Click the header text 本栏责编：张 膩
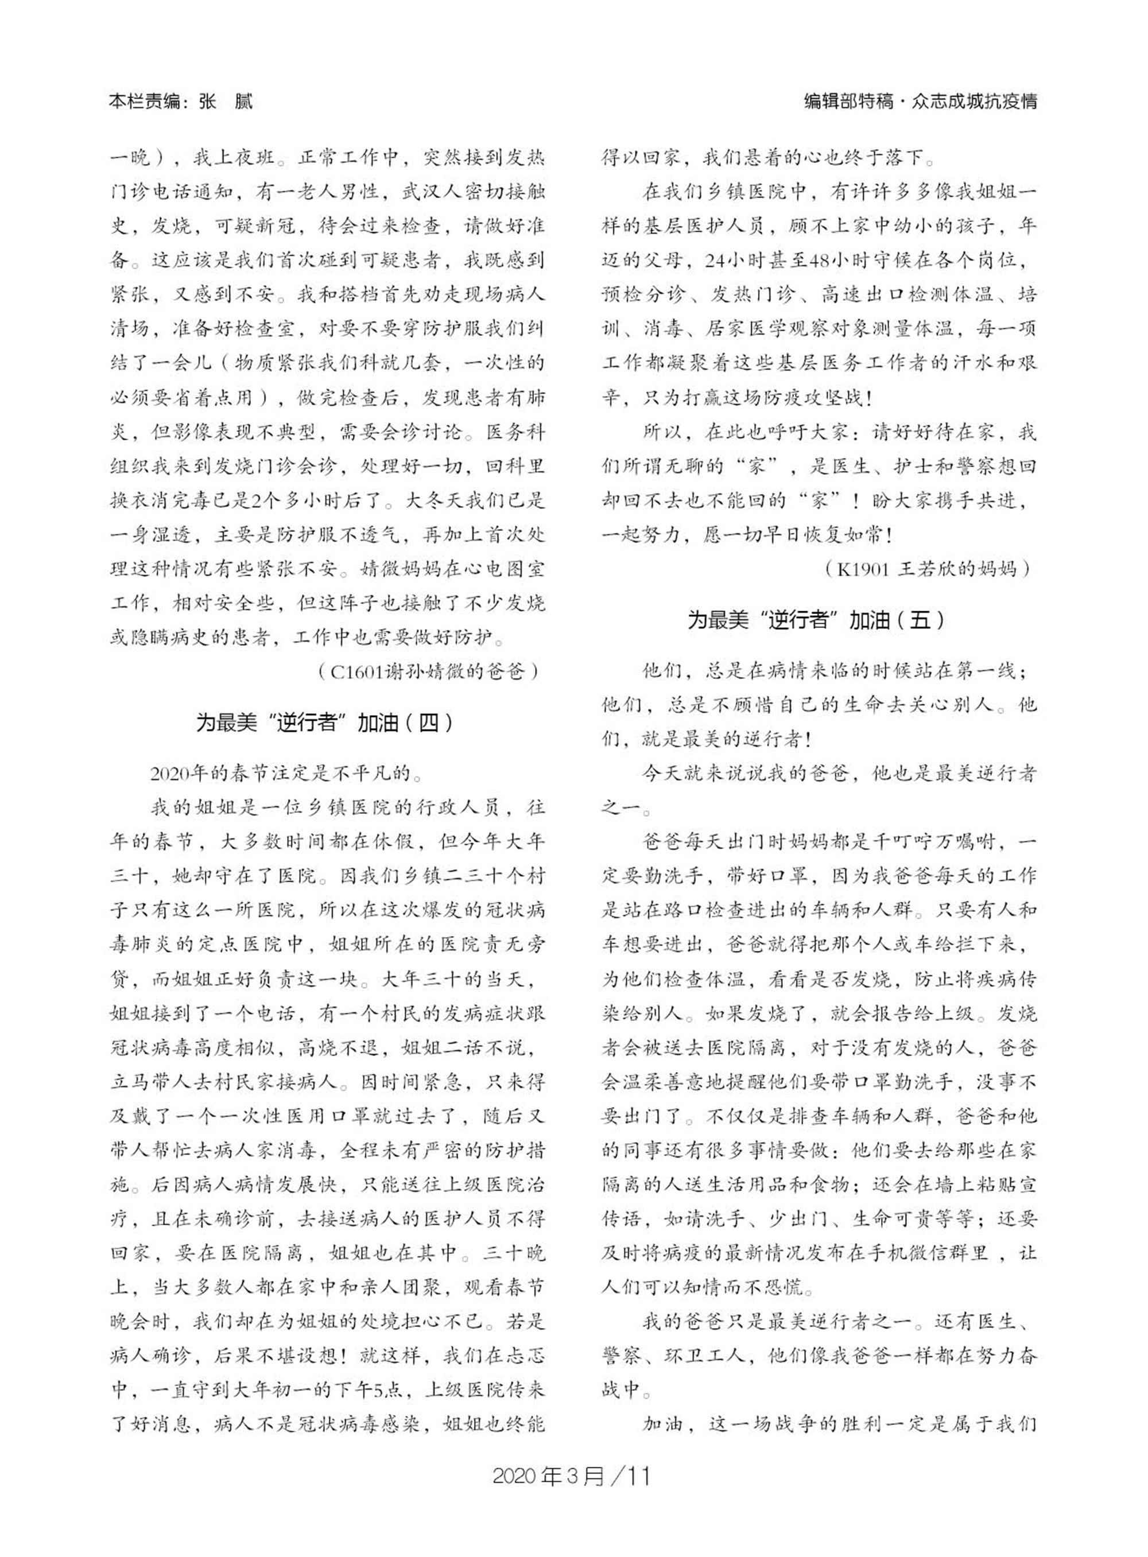[181, 103]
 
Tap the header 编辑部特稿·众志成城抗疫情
[920, 103]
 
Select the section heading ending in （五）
[817, 620]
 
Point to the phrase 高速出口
[862, 296]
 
